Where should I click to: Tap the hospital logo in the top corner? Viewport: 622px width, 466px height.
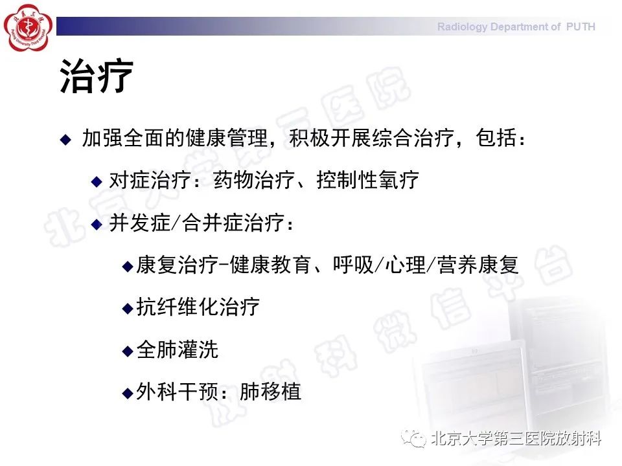pyautogui.click(x=27, y=27)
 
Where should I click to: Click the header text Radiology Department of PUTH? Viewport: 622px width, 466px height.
pyautogui.click(x=516, y=27)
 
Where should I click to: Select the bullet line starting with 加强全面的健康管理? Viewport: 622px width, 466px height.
pyautogui.click(x=304, y=139)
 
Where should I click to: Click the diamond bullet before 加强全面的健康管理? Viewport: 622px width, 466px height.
pyautogui.click(x=65, y=139)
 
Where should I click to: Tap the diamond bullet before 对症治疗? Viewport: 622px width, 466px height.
pyautogui.click(x=97, y=181)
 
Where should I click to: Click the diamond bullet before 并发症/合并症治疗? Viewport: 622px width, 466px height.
pyautogui.click(x=97, y=224)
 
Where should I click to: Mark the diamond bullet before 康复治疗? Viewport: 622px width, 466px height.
pyautogui.click(x=128, y=266)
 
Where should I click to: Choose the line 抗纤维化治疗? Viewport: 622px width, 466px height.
pyautogui.click(x=198, y=307)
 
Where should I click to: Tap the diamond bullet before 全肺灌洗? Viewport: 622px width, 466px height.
pyautogui.click(x=128, y=351)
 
